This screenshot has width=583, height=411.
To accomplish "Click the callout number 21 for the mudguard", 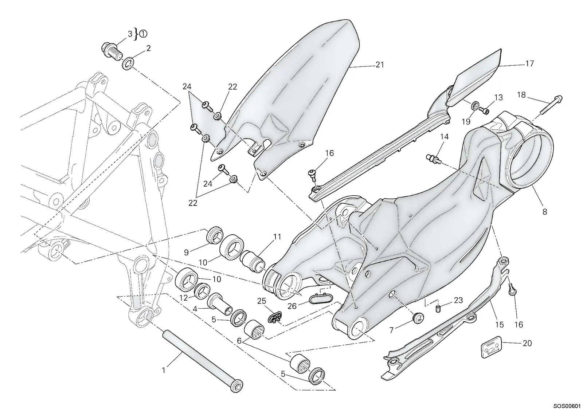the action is point(380,65).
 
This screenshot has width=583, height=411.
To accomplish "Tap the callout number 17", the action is point(530,64).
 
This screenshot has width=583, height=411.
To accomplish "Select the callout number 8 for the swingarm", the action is point(545,212).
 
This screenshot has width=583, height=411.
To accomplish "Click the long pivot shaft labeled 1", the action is point(203,361).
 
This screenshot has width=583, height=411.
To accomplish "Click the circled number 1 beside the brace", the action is point(144,34).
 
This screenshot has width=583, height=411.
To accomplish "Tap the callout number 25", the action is point(262,301).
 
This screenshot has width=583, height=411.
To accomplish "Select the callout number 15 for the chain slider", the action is point(500,325).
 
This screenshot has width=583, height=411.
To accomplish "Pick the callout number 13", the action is point(498,98).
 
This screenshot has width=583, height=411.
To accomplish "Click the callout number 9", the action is point(186,252).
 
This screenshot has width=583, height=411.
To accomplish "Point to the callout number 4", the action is point(195,309).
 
